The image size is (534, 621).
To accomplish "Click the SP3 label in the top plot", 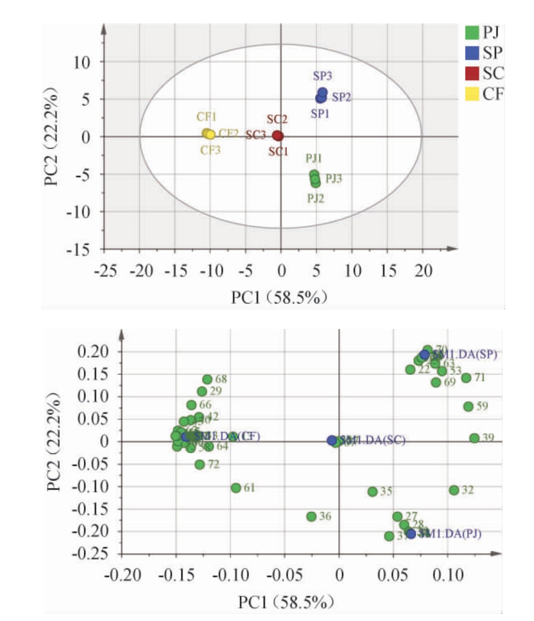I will pos(323,77).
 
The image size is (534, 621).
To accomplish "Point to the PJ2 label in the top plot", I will pos(316,198).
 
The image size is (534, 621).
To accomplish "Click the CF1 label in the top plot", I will pos(206,117).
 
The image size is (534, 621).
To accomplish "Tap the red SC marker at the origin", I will pos(278,136).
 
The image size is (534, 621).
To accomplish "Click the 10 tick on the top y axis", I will pos(84,62).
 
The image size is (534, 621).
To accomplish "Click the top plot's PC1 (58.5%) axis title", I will pos(280,297).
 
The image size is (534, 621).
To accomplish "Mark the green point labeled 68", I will pos(208,379).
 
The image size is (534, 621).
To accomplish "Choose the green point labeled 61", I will pos(236,488).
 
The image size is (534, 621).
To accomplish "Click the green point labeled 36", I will pos(311,516).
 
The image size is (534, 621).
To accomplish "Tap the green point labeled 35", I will pos(373,492).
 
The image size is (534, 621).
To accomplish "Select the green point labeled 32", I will pos(454,490).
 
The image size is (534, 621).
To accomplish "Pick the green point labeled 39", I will pos(474,438).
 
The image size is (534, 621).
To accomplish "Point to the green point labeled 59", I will pos(468,407).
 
